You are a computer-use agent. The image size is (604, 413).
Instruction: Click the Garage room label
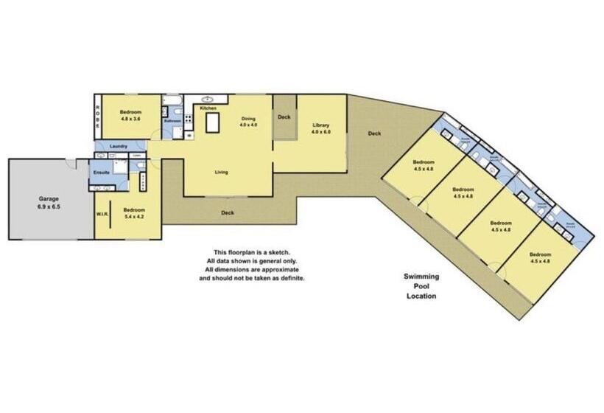pyautogui.click(x=50, y=199)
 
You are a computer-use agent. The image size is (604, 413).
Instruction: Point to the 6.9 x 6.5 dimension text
pyautogui.click(x=50, y=207)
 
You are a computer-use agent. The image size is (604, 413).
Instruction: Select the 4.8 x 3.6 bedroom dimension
pyautogui.click(x=130, y=119)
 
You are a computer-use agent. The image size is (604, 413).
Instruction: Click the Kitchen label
pyautogui.click(x=208, y=108)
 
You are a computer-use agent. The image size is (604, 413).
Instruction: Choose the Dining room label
pyautogui.click(x=246, y=118)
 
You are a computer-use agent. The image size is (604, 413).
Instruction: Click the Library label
pyautogui.click(x=321, y=125)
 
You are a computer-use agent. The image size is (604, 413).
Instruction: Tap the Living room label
pyautogui.click(x=221, y=173)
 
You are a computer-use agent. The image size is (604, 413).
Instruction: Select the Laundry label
pyautogui.click(x=119, y=146)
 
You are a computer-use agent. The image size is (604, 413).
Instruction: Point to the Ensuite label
pyautogui.click(x=101, y=172)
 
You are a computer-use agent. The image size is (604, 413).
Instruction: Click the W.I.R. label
pyautogui.click(x=102, y=215)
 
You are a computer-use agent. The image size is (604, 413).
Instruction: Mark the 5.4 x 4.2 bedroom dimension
pyautogui.click(x=134, y=216)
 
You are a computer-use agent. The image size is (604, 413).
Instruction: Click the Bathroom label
pyautogui.click(x=172, y=121)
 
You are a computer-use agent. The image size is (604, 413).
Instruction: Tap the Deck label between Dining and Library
pyautogui.click(x=284, y=117)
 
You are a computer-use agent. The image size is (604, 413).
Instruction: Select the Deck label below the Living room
pyautogui.click(x=228, y=213)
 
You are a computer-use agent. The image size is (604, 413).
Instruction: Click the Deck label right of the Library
pyautogui.click(x=374, y=133)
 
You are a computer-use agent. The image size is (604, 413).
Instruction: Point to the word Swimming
pyautogui.click(x=421, y=277)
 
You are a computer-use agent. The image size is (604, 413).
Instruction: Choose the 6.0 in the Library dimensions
pyautogui.click(x=328, y=132)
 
